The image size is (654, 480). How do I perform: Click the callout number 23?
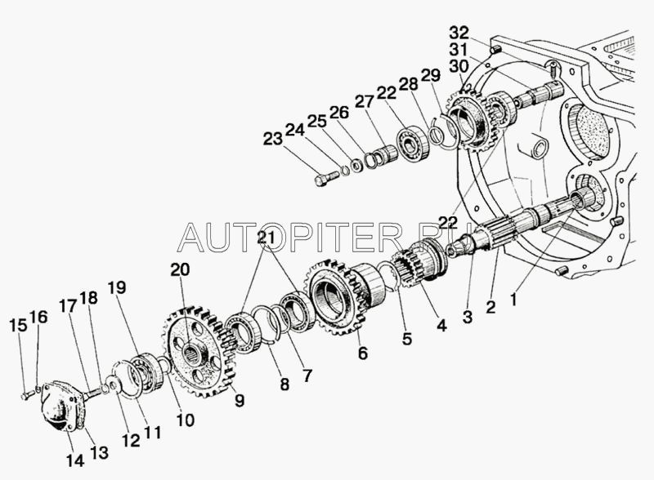pyautogui.click(x=273, y=138)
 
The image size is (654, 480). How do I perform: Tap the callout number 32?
pyautogui.click(x=459, y=33)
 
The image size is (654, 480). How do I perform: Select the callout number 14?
pyautogui.click(x=75, y=460)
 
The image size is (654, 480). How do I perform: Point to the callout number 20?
pyautogui.click(x=180, y=269)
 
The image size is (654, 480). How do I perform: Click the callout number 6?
pyautogui.click(x=363, y=353)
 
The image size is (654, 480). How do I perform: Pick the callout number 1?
pyautogui.click(x=513, y=299)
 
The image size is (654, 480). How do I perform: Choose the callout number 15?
pyautogui.click(x=18, y=325)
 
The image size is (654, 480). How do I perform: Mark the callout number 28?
pyautogui.click(x=408, y=84)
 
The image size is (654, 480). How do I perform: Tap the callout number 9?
pyautogui.click(x=239, y=401)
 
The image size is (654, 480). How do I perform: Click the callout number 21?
pyautogui.click(x=267, y=237)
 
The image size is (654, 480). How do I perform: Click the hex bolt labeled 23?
pyautogui.click(x=326, y=178)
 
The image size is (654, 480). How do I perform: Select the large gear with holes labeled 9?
pyautogui.click(x=199, y=352)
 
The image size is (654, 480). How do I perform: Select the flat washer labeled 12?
pyautogui.click(x=113, y=382)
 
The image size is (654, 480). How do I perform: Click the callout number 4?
pyautogui.click(x=441, y=325)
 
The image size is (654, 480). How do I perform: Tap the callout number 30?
pyautogui.click(x=459, y=66)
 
